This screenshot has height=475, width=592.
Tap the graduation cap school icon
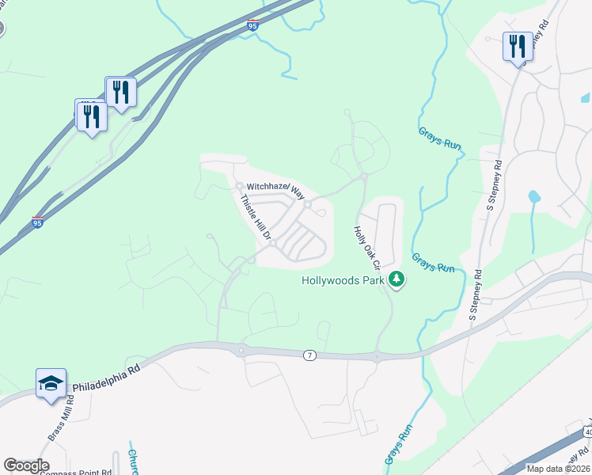click(x=51, y=384)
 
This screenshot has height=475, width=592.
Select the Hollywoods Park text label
click(x=342, y=280)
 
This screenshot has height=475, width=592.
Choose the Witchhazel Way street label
click(x=275, y=191)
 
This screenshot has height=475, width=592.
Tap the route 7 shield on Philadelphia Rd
click(x=309, y=355)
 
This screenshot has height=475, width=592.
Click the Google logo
click(x=26, y=465)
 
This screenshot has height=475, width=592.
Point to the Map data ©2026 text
click(x=557, y=469)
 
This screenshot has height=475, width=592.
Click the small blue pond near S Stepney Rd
click(x=533, y=196)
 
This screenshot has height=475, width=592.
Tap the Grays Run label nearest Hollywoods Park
click(x=433, y=263)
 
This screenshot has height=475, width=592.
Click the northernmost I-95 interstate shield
click(x=252, y=26)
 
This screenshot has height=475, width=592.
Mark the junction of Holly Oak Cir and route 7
click(x=378, y=357)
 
